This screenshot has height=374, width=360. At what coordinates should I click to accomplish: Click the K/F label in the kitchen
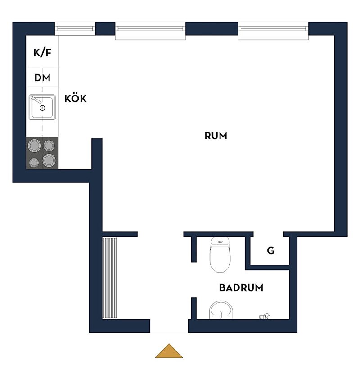tap(42, 52)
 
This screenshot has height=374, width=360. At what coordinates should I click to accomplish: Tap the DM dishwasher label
tap(42, 78)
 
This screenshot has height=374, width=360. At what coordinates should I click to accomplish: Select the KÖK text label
tap(75, 98)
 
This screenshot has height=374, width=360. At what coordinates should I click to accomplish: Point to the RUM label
tap(216, 136)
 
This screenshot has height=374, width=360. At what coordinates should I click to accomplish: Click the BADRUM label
tap(241, 287)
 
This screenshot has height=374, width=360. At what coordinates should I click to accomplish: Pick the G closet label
tap(270, 251)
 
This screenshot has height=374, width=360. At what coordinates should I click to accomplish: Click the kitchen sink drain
tap(42, 108)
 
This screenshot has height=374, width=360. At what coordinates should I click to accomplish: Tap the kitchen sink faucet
tap(36, 100)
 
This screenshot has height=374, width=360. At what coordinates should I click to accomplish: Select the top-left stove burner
tap(34, 146)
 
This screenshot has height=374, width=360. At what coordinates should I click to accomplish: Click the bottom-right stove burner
tap(49, 160)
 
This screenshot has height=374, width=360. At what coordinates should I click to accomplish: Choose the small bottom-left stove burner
tap(34, 163)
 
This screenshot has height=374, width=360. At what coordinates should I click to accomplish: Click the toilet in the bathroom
tap(220, 255)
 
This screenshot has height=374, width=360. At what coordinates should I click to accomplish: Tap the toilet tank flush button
tap(220, 242)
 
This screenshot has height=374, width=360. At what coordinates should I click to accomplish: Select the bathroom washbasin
tap(221, 310)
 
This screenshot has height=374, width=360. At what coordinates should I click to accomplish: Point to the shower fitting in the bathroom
tap(265, 316)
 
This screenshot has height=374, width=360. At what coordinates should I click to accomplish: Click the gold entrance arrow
tap(169, 351)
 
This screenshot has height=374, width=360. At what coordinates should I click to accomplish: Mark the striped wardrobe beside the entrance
tap(109, 278)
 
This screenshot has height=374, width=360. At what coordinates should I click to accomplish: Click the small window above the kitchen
tap(75, 29)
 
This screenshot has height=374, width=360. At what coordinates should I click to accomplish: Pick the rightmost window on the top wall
tap(273, 31)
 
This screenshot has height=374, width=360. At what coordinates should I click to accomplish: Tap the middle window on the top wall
tap(150, 31)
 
